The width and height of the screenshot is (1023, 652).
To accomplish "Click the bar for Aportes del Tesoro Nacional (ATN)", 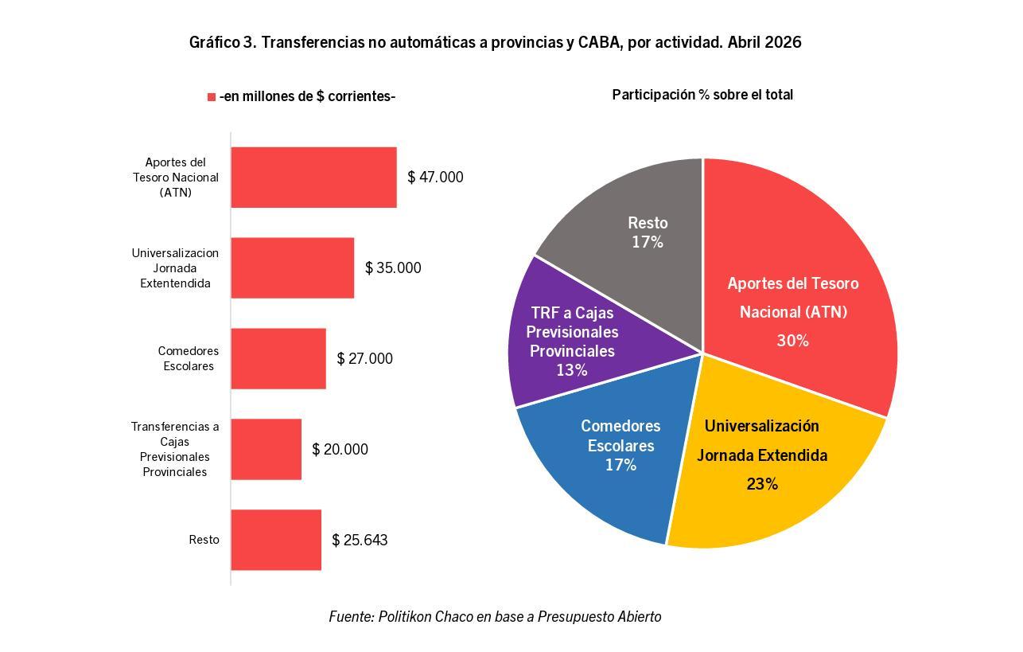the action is coord(313,178).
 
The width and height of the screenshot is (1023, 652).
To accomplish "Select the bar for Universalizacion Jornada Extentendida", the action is coord(292,267).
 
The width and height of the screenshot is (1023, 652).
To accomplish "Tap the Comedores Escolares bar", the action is coord(278,359).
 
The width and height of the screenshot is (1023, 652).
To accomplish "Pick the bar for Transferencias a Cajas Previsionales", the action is coord(266,449).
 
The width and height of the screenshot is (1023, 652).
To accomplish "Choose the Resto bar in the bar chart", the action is coord(276,540).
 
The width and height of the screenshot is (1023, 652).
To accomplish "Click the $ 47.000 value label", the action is coord(435,178).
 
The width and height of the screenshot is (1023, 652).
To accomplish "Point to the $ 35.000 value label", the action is coord(393,267).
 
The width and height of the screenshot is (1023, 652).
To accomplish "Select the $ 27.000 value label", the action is coord(364,359).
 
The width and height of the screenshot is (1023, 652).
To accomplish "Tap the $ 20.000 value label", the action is coord(340,449).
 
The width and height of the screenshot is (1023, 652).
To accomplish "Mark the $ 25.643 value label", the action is coord(360,540).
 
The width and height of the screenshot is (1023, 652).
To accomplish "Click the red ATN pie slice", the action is coord(795,283).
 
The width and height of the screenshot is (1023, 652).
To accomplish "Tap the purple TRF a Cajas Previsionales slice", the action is coord(585,338).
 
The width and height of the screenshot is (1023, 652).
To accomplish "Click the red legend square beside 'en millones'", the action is coord(212,97).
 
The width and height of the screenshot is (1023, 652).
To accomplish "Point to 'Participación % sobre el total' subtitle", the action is coord(702,95).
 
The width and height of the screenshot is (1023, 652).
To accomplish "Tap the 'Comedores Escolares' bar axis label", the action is coord(189,359).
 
